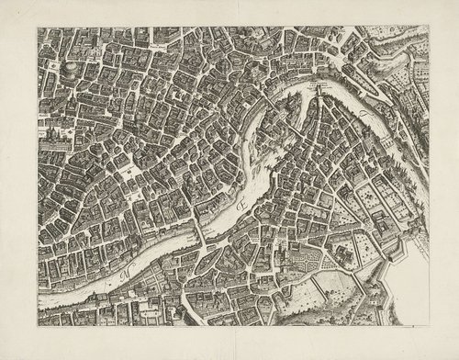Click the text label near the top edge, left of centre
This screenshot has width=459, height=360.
(162, 39)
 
